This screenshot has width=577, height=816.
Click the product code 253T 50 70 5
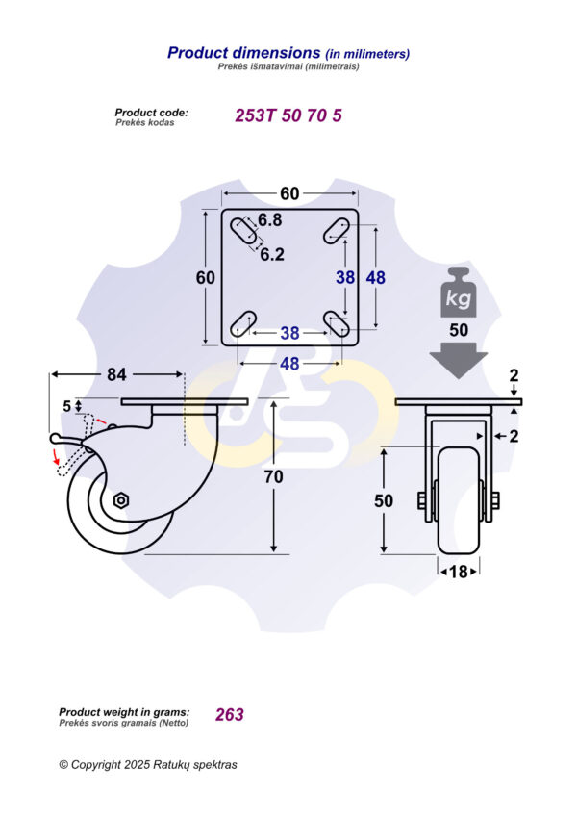tap(288, 115)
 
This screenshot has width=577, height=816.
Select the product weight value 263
tap(230, 714)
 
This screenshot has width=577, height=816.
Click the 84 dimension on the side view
tap(117, 374)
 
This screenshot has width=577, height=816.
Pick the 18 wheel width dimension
tap(459, 572)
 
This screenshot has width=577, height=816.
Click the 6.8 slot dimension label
tap(269, 220)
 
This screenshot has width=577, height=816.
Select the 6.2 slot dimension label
tap(272, 255)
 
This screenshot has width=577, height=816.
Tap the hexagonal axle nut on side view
tap(121, 499)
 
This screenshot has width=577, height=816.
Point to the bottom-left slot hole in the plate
tap(243, 322)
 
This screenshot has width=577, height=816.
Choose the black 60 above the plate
tap(288, 193)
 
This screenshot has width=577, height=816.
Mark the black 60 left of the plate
tap(205, 277)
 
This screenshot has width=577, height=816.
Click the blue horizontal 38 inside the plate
tap(289, 333)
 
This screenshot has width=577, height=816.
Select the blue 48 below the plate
tap(289, 364)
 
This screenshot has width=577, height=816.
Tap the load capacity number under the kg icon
tap(459, 330)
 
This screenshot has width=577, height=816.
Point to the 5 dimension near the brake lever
tap(67, 406)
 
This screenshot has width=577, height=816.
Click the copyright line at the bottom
tap(147, 765)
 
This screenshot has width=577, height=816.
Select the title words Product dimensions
tap(243, 53)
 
